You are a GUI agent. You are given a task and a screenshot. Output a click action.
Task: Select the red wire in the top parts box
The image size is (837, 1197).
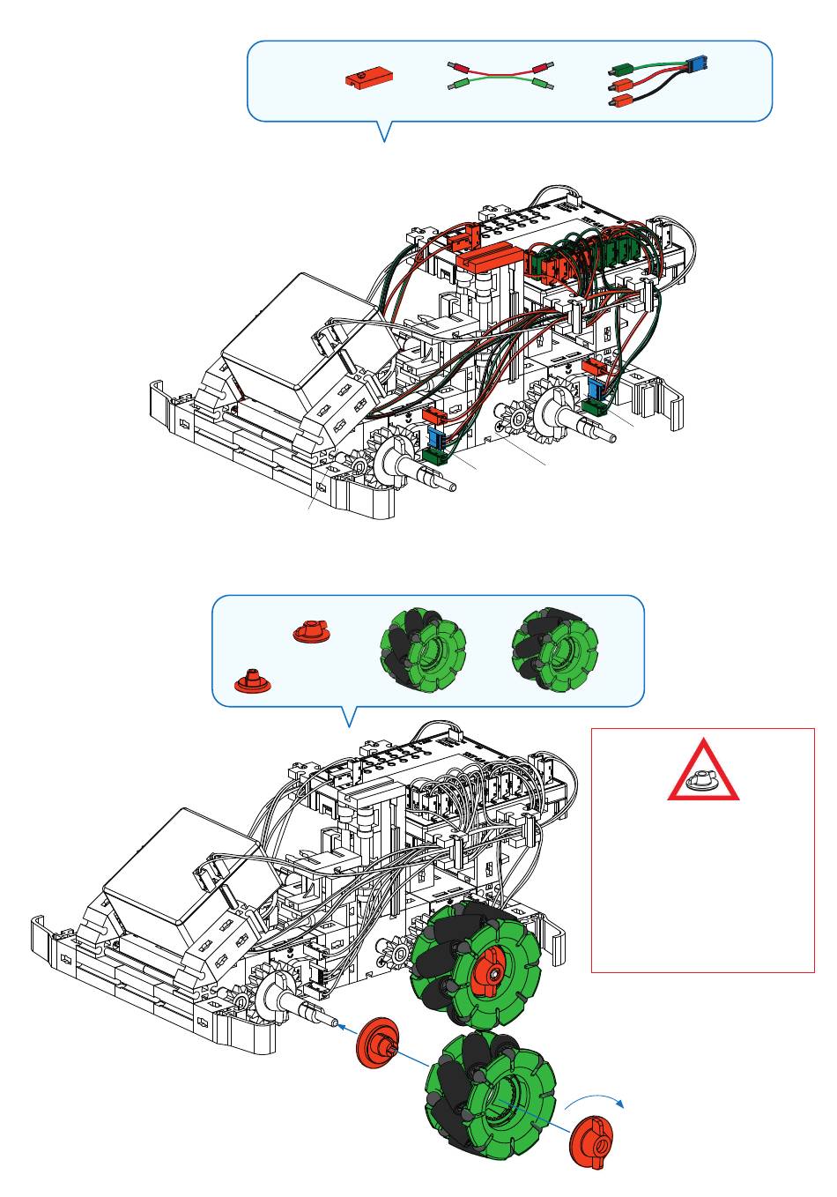500,70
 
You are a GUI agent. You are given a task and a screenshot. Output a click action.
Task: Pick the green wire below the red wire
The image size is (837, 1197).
500,85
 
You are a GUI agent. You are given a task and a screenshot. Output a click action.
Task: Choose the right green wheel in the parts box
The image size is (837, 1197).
555,649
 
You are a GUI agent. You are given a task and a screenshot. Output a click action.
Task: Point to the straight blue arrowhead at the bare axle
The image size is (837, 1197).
341,1025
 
